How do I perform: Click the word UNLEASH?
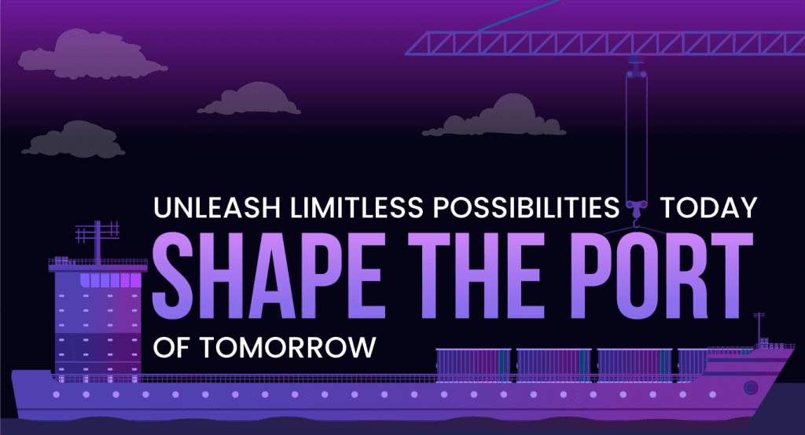[217, 208]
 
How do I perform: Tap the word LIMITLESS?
[357, 208]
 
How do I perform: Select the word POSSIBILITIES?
[526, 208]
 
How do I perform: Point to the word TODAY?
[708, 208]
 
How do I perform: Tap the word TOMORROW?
[288, 347]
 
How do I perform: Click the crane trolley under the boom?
[636, 66]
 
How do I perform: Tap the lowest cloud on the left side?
[73, 139]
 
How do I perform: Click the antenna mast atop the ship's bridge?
[97, 240]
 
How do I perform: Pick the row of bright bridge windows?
[110, 280]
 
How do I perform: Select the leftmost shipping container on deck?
[473, 365]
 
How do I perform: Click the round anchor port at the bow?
[751, 387]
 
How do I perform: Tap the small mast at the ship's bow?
[759, 328]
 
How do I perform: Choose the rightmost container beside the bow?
[693, 365]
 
